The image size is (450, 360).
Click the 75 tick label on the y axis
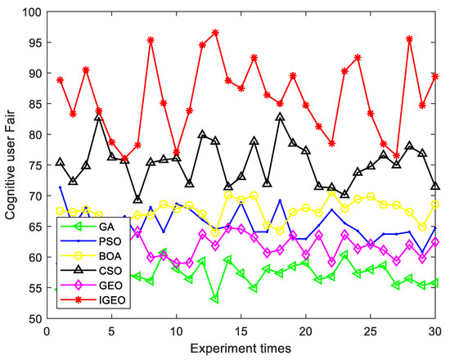[x=35, y=165]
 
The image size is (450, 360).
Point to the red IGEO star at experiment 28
[x=409, y=38]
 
